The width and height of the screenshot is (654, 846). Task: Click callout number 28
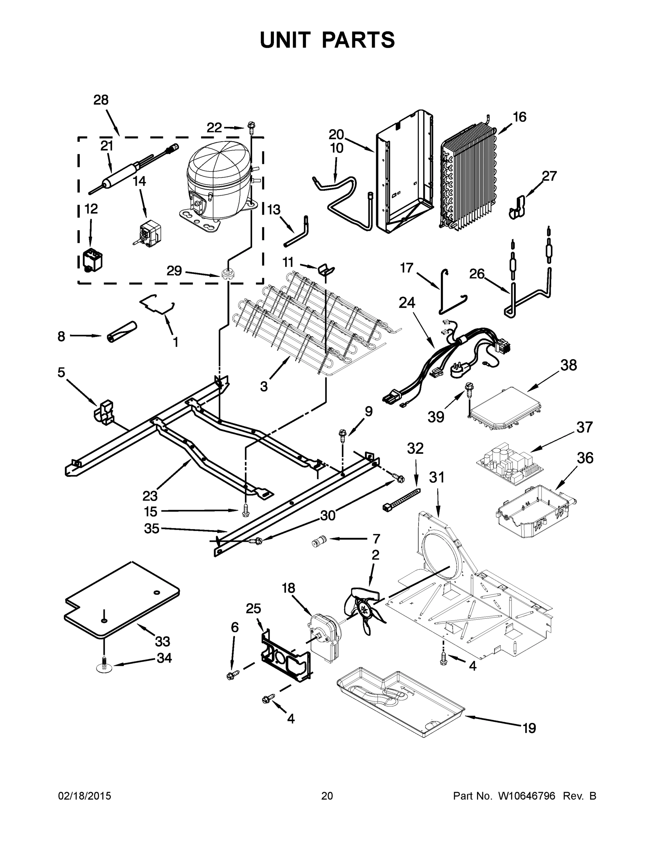pyautogui.click(x=101, y=100)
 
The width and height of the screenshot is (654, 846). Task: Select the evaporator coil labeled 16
pyautogui.click(x=469, y=178)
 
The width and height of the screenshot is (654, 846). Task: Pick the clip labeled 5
pyautogui.click(x=104, y=411)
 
